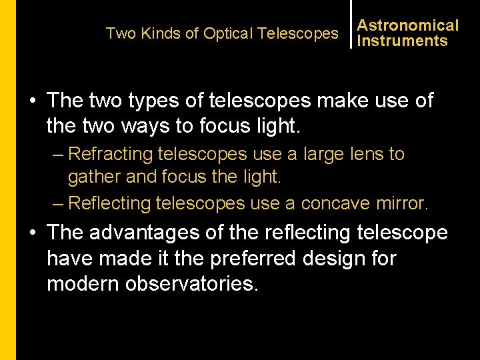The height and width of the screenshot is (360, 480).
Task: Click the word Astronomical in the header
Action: click(408, 25)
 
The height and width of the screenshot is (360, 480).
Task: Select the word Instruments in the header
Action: click(402, 41)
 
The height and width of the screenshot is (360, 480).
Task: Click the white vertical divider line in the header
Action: click(351, 24)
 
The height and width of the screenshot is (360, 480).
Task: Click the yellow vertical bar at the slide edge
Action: click(7, 180)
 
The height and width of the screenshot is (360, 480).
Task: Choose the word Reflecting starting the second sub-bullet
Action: click(111, 203)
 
